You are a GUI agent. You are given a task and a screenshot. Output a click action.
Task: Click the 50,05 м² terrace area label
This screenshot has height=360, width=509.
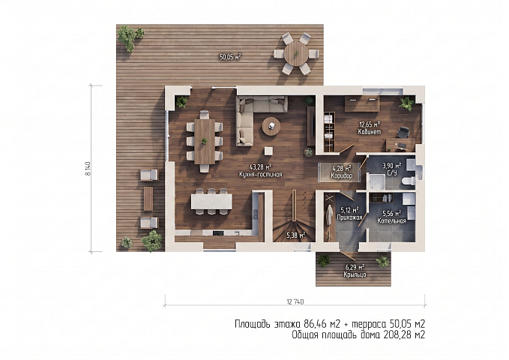click(x=230, y=58)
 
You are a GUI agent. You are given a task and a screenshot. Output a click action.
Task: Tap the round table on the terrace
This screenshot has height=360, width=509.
click(x=296, y=53)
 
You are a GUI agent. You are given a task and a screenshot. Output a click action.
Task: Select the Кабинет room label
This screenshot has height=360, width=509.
click(x=370, y=132)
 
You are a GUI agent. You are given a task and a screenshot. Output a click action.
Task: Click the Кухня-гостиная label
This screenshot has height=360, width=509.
click(x=260, y=175)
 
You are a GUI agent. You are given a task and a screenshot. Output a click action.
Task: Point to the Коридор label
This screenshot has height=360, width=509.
click(x=342, y=175)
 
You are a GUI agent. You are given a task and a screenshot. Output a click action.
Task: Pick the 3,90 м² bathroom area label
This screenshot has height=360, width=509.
click(x=392, y=166)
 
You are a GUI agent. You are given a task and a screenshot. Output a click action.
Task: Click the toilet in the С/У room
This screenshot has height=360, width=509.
click(x=408, y=181)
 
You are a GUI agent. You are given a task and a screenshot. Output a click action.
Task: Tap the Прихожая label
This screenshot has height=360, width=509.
click(x=349, y=217)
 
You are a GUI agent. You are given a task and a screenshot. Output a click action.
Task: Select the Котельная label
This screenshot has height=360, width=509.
click(x=391, y=221)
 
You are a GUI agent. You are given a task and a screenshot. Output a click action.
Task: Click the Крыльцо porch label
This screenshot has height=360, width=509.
click(x=355, y=274)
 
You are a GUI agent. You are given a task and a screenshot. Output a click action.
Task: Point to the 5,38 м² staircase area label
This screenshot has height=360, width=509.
click(x=295, y=235)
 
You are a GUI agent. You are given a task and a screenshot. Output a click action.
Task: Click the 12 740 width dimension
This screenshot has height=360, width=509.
click(x=295, y=301)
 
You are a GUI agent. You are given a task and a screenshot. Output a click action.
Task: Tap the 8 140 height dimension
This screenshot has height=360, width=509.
click(x=88, y=168)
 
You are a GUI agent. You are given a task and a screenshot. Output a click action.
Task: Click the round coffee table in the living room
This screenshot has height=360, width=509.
click(x=271, y=126)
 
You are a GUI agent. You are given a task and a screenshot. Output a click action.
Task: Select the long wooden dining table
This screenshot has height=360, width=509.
click(x=205, y=142)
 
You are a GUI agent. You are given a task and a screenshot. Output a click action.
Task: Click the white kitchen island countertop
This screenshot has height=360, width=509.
click(x=211, y=202)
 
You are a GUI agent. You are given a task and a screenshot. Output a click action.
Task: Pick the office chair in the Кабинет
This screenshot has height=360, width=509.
click(x=403, y=133)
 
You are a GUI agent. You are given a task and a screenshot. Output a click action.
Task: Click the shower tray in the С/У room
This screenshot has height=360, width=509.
click(x=376, y=181)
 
